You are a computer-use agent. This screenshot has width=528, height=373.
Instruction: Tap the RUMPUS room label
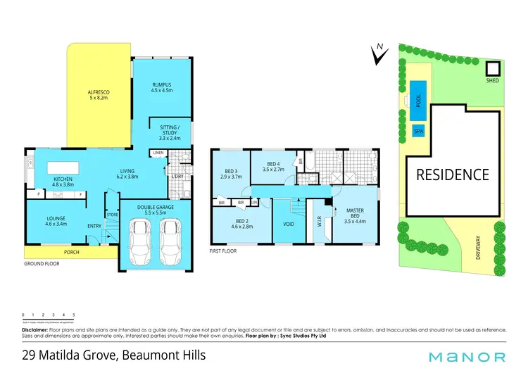tap(161, 88)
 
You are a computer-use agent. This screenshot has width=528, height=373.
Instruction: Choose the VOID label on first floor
tap(288, 225)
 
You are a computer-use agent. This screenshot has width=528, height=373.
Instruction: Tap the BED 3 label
tap(232, 174)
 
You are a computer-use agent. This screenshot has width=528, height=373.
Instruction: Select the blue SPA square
tap(418, 132)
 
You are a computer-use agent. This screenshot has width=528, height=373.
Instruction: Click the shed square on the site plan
tap(493, 69)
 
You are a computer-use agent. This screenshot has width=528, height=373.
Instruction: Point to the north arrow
tap(379, 54)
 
